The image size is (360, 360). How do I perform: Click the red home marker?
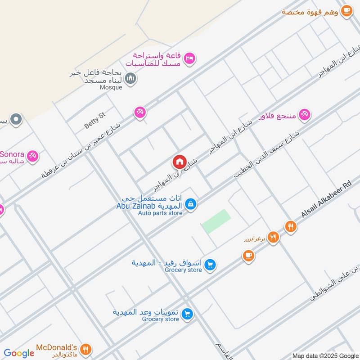[179, 162]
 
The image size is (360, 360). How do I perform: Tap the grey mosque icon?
[131, 79]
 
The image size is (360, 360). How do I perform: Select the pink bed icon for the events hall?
[190, 58]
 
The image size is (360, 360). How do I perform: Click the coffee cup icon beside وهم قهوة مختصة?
[346, 11]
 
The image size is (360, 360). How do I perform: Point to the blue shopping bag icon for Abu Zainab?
[191, 204]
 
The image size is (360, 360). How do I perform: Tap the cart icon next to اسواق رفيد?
[209, 265]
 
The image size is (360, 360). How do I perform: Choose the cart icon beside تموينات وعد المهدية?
[188, 314]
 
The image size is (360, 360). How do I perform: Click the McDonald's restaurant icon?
[86, 349]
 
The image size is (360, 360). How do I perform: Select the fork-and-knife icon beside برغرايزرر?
[273, 236]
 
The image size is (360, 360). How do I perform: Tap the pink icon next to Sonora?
[32, 156]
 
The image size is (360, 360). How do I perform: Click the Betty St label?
[94, 121]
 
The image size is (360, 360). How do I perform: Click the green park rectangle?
[216, 221]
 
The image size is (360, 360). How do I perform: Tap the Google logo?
[19, 353]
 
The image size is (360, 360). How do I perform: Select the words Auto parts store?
[160, 213]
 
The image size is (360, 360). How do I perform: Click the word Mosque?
[111, 87]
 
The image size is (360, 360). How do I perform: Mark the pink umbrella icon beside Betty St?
[140, 112]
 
